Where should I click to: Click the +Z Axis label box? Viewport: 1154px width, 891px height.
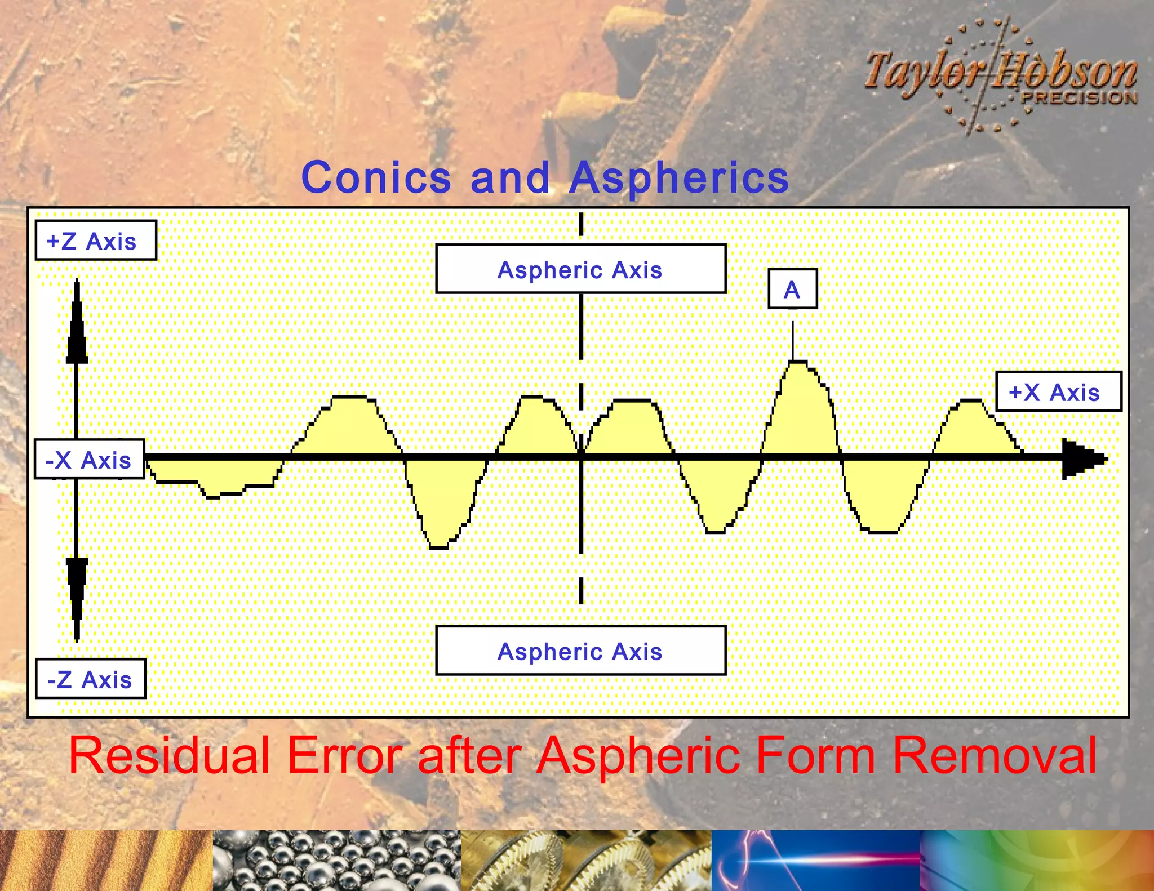pyautogui.click(x=96, y=240)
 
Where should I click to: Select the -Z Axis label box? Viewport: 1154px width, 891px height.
pyautogui.click(x=91, y=679)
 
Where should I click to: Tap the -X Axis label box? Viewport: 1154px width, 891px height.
pyautogui.click(x=89, y=459)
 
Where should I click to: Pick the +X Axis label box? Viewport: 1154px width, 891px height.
pyautogui.click(x=1058, y=391)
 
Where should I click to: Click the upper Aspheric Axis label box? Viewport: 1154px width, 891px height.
pyautogui.click(x=580, y=269)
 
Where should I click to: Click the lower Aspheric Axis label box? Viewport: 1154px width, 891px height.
pyautogui.click(x=580, y=651)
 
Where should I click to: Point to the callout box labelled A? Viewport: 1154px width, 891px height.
pyautogui.click(x=792, y=289)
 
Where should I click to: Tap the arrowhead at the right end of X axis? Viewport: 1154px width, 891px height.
pyautogui.click(x=1082, y=458)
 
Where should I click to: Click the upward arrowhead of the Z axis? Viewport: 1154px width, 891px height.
pyautogui.click(x=77, y=327)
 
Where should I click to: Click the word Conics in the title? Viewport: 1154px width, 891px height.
pyautogui.click(x=376, y=177)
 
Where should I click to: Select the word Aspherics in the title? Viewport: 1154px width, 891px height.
pyautogui.click(x=678, y=177)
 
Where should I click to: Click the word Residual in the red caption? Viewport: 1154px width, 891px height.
pyautogui.click(x=169, y=755)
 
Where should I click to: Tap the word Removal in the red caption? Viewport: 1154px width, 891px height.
pyautogui.click(x=995, y=755)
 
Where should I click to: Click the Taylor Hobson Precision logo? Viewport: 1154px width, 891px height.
pyautogui.click(x=1000, y=76)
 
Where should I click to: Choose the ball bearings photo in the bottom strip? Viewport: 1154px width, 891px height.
pyautogui.click(x=336, y=860)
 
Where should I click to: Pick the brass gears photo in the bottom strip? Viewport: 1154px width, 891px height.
pyautogui.click(x=586, y=860)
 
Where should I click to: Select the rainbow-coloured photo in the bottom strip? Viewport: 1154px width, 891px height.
pyautogui.click(x=1037, y=860)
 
